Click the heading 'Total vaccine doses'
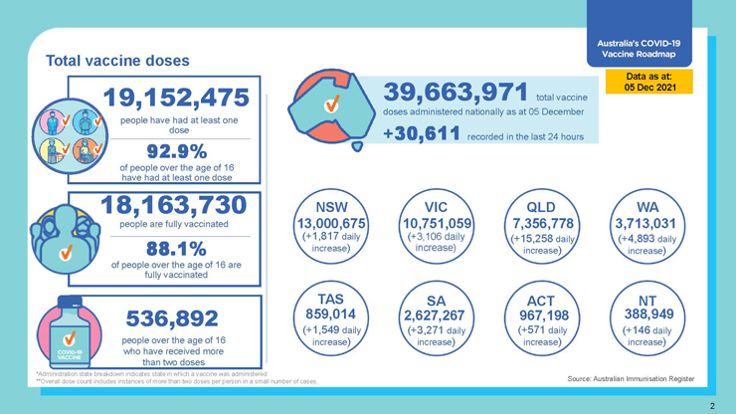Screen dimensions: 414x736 [x=117, y=61]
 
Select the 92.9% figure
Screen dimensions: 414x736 [x=177, y=151]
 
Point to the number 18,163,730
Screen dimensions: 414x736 [x=173, y=205]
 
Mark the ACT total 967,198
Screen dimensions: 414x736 [x=542, y=313]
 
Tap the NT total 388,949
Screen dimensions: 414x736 [x=647, y=313]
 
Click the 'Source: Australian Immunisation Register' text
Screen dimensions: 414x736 [x=631, y=379]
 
